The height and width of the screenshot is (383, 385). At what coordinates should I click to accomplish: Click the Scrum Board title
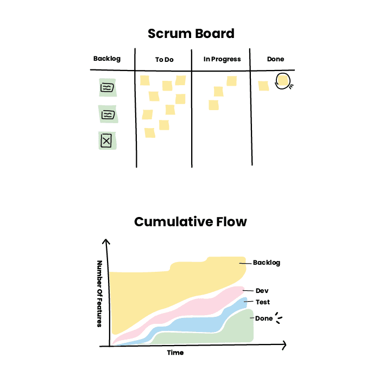pyautogui.click(x=191, y=34)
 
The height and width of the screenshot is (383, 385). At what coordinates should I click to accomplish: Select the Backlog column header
pyautogui.click(x=106, y=59)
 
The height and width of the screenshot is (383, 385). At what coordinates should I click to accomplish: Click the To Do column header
pyautogui.click(x=164, y=60)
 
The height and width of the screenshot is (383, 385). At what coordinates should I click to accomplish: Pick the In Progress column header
pyautogui.click(x=222, y=59)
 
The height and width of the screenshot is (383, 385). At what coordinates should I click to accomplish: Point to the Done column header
pyautogui.click(x=275, y=59)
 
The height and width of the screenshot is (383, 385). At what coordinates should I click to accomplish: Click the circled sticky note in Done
pyautogui.click(x=282, y=81)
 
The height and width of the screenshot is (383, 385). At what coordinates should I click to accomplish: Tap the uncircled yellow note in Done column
pyautogui.click(x=264, y=86)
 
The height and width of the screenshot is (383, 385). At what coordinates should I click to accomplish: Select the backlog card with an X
pyautogui.click(x=106, y=141)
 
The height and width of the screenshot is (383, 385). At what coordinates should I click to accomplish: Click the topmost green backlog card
pyautogui.click(x=107, y=87)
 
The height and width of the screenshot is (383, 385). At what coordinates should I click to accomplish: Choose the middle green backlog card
pyautogui.click(x=108, y=114)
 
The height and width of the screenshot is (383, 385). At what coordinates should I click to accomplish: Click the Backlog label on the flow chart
pyautogui.click(x=267, y=263)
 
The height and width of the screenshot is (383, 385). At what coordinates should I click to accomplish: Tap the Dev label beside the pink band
pyautogui.click(x=262, y=291)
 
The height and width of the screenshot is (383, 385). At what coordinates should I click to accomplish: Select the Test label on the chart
pyautogui.click(x=263, y=302)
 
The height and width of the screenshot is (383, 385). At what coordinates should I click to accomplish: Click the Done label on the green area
pyautogui.click(x=263, y=318)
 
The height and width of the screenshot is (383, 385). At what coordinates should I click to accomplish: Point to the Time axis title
pyautogui.click(x=175, y=353)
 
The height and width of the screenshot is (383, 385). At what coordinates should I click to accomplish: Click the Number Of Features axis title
pyautogui.click(x=99, y=293)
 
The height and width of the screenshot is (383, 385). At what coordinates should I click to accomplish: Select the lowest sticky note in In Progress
pyautogui.click(x=214, y=105)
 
